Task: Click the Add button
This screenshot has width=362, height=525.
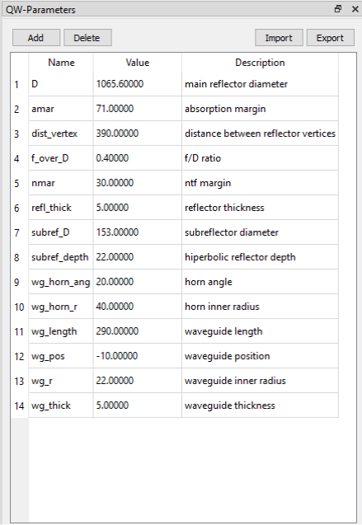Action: click(36, 38)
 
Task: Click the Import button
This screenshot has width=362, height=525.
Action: click(279, 38)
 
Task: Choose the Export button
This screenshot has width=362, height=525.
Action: click(330, 38)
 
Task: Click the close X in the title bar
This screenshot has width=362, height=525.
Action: click(355, 9)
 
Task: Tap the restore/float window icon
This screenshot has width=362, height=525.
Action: click(338, 9)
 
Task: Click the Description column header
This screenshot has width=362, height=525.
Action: click(260, 63)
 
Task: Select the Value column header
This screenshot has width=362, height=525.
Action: click(138, 63)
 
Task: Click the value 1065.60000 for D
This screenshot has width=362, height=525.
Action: click(120, 84)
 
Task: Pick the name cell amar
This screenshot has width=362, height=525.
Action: click(43, 109)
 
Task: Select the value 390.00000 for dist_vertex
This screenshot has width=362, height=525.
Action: click(117, 134)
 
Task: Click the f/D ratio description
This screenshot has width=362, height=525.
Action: click(203, 158)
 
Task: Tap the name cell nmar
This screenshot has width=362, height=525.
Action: click(43, 183)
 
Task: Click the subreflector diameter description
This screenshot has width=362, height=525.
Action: click(232, 232)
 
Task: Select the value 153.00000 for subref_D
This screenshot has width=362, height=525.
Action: click(117, 232)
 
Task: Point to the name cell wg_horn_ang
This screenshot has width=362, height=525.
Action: click(61, 282)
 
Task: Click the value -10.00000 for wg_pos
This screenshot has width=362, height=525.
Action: click(117, 356)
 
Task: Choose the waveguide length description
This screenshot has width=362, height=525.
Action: click(223, 331)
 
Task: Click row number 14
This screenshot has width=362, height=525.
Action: click(19, 406)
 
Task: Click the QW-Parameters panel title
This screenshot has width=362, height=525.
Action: click(40, 10)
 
